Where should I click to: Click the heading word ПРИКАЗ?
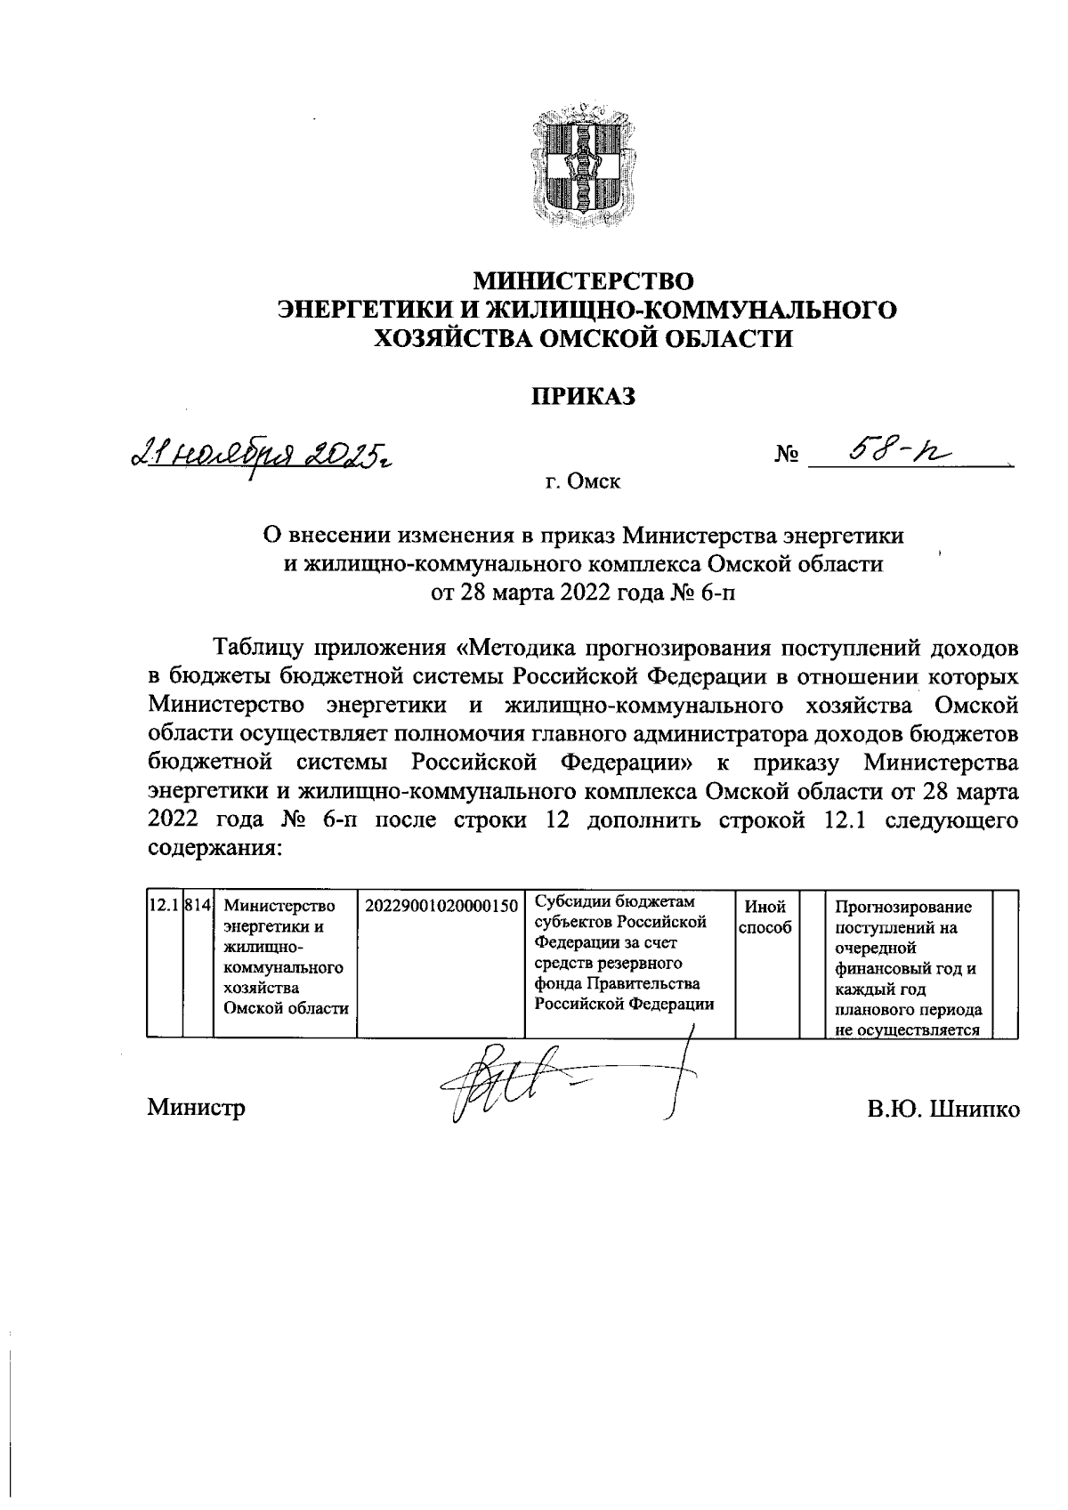pyautogui.click(x=584, y=396)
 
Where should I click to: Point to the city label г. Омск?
pyautogui.click(x=583, y=482)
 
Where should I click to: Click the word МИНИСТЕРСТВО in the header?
pyautogui.click(x=583, y=281)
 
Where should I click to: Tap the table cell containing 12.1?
pyautogui.click(x=163, y=906)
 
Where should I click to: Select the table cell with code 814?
pyautogui.click(x=198, y=906)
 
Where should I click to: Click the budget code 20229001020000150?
pyautogui.click(x=441, y=906)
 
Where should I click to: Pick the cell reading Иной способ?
pyautogui.click(x=765, y=916)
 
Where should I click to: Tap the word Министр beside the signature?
pyautogui.click(x=197, y=1108)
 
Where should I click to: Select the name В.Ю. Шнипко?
pyautogui.click(x=945, y=1109)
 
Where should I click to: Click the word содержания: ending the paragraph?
pyautogui.click(x=214, y=847)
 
